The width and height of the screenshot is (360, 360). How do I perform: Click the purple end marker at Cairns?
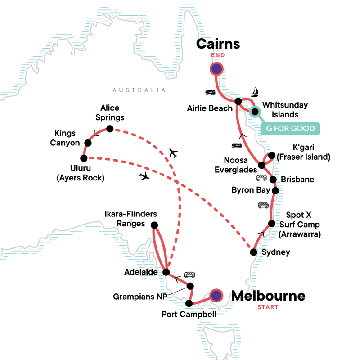[x=217, y=69]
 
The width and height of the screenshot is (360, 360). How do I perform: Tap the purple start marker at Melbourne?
[x=216, y=295]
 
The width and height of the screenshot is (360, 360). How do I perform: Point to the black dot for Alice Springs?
[x=109, y=129]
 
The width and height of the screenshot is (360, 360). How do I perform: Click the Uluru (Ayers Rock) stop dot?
[x=83, y=158]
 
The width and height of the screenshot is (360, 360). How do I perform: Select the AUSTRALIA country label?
[x=139, y=90]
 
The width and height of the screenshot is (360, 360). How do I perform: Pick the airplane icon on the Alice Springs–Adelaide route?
[x=173, y=153]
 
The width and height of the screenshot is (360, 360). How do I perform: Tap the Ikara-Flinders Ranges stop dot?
[x=154, y=225]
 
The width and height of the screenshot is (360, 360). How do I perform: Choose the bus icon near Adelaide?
[x=189, y=274]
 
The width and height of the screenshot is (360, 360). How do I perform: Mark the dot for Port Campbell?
[x=189, y=303]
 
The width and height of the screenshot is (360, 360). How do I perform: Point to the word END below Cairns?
[x=217, y=55]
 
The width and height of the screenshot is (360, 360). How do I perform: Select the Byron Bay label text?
[x=251, y=190]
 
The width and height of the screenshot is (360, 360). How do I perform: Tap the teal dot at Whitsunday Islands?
[x=255, y=112]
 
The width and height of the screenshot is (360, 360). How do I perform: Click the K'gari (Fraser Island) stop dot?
[x=271, y=155]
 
